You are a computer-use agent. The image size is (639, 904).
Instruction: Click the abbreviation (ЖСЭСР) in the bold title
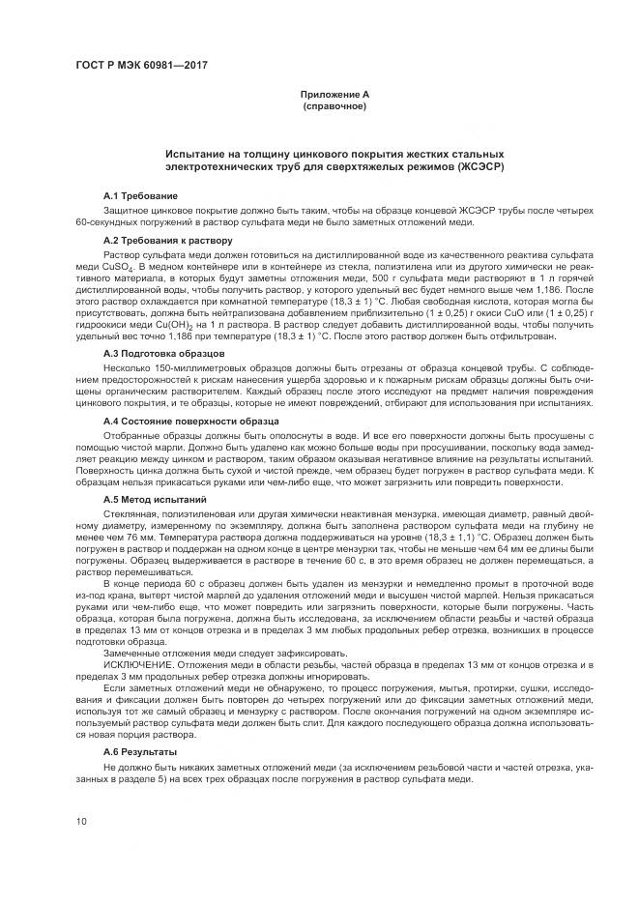tap(477, 167)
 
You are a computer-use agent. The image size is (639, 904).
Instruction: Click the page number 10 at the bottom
tap(82, 822)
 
